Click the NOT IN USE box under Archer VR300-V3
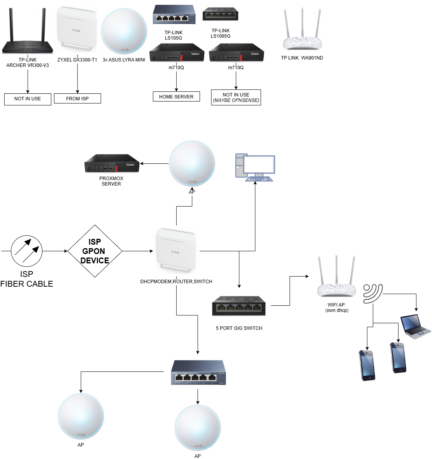tap(28, 99)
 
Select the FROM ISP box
tap(77, 99)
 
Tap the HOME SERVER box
tap(176, 96)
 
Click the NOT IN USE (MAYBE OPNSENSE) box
tap(236, 98)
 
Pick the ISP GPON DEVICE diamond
tap(95, 251)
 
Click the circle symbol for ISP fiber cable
tap(26, 251)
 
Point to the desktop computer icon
tap(255, 168)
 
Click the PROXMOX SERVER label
tap(111, 181)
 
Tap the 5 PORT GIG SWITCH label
tap(239, 328)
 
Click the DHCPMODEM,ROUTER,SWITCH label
tap(176, 282)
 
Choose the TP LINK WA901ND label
tap(302, 58)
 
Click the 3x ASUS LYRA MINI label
tap(124, 60)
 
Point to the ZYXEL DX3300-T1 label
tap(77, 60)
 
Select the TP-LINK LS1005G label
tap(221, 33)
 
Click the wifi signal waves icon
tap(372, 293)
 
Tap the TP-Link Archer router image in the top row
tap(28, 33)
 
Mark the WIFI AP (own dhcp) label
tap(336, 308)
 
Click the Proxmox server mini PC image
tap(112, 164)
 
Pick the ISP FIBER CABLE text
tap(26, 279)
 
